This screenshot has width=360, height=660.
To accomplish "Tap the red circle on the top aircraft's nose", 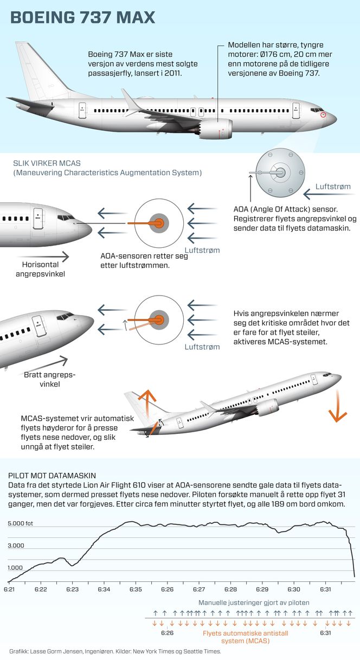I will tap(324, 115).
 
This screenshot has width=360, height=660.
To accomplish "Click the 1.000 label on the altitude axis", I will tap(16, 568).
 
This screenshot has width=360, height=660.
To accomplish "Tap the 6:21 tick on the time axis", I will tap(9, 589).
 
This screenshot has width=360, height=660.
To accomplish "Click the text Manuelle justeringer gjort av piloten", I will tap(254, 603).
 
